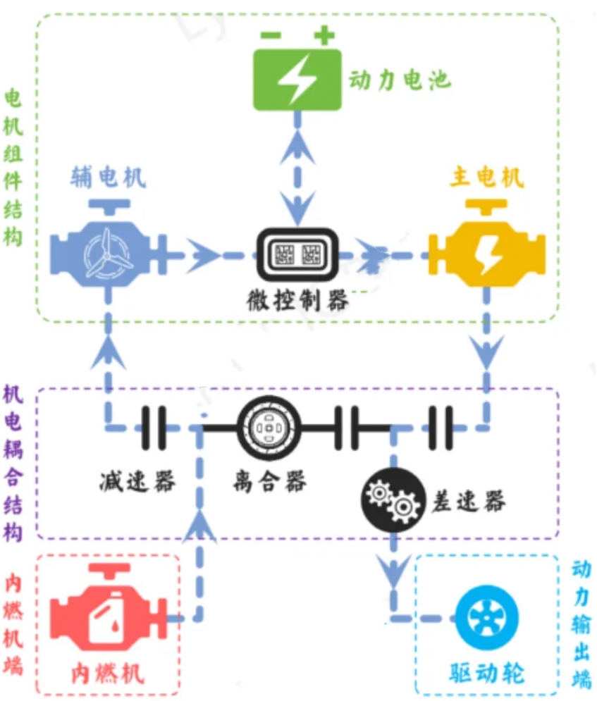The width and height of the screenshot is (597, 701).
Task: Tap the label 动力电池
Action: click(x=399, y=79)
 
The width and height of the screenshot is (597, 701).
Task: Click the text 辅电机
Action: click(x=108, y=177)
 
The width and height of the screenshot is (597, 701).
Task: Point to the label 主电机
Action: click(x=487, y=177)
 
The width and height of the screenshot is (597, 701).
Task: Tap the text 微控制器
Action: click(x=297, y=301)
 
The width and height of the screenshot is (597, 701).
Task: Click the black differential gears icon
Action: click(x=393, y=501)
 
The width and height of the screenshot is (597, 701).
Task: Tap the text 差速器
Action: click(x=468, y=501)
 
